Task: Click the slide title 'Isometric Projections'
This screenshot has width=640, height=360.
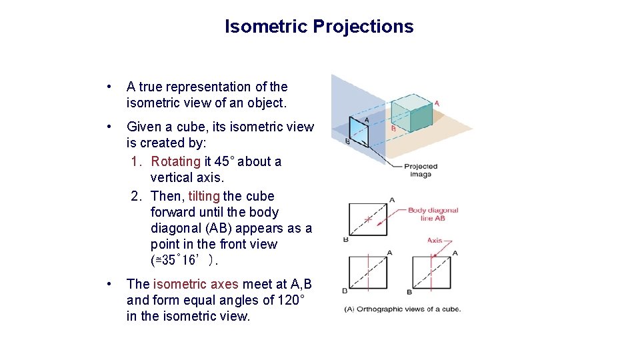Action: click(319, 27)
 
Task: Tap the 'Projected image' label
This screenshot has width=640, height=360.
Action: click(421, 170)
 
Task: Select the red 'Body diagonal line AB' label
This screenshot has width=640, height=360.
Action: click(433, 214)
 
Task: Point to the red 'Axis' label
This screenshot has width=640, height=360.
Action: click(435, 240)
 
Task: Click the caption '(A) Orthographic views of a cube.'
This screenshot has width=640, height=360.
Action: click(402, 309)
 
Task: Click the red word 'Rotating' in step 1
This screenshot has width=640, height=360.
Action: click(175, 161)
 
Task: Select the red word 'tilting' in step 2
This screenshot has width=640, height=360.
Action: click(204, 196)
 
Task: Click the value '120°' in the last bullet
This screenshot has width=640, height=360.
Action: click(289, 300)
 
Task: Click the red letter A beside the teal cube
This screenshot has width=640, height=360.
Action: click(437, 103)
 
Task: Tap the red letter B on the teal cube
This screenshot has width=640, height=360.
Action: click(393, 129)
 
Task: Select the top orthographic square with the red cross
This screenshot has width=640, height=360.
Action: click(367, 219)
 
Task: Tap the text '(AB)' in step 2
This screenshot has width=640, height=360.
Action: click(218, 228)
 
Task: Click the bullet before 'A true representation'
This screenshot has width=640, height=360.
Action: click(108, 87)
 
